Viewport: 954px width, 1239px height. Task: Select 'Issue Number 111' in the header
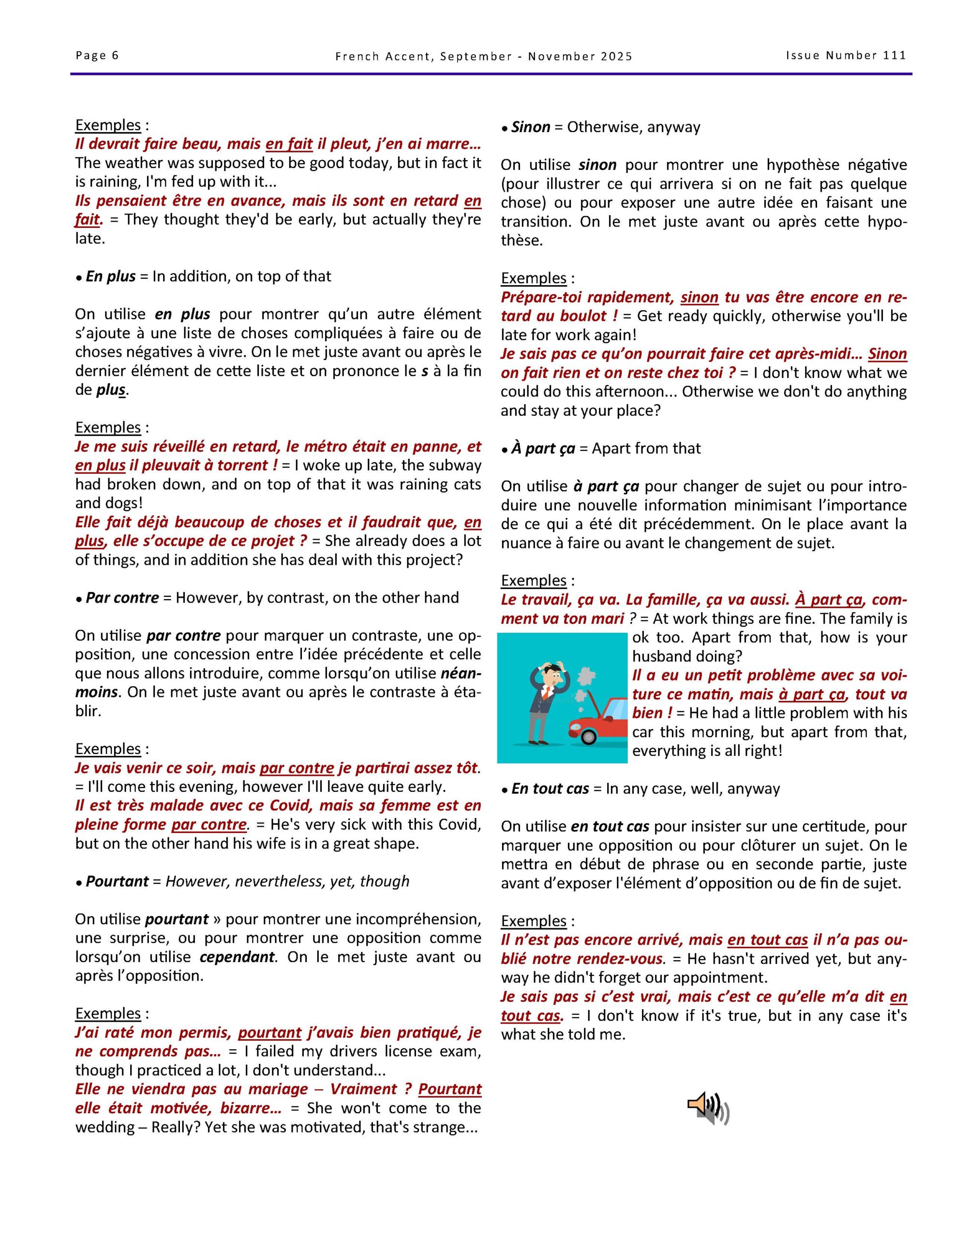846,56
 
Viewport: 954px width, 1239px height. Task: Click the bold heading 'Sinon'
530,127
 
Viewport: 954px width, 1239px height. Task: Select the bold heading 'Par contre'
122,598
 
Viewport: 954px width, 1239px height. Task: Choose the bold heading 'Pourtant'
117,882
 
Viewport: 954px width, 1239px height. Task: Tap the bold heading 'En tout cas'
550,789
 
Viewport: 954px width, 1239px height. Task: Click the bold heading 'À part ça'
543,449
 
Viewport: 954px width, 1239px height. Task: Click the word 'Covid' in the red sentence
293,805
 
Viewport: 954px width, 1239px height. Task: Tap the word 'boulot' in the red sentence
583,316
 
